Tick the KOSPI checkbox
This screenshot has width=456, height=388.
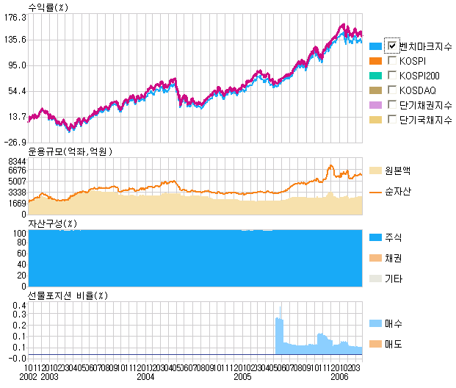coord(392,61)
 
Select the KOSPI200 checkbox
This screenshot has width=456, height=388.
coord(392,76)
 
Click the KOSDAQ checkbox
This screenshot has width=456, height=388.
coord(392,90)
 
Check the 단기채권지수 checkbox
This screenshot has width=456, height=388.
coord(392,104)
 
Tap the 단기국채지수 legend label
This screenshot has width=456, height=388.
coord(426,119)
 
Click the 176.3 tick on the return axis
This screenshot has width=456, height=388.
coord(15,18)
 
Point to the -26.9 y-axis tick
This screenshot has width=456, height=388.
coord(15,143)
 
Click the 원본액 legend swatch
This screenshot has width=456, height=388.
coord(375,170)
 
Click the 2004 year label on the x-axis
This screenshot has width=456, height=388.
coord(146,376)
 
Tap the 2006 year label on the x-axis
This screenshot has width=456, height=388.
coord(339,376)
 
